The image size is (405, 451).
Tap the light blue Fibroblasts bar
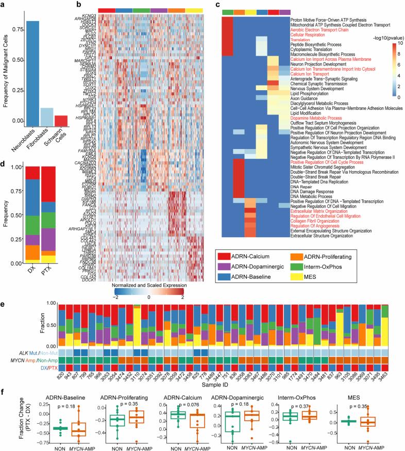47,109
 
